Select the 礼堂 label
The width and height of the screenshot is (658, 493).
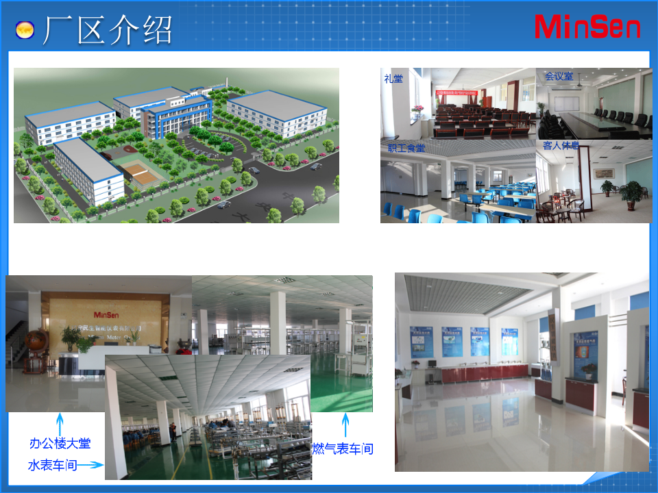pyautogui.click(x=393, y=79)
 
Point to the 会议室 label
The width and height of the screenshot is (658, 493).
pyautogui.click(x=559, y=77)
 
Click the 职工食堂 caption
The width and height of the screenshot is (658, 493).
pyautogui.click(x=406, y=147)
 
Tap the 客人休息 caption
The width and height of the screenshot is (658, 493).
pyautogui.click(x=561, y=146)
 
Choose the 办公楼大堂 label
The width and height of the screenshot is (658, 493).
pyautogui.click(x=60, y=444)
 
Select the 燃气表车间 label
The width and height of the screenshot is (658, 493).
pyautogui.click(x=343, y=449)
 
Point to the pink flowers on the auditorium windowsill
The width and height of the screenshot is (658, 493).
pyautogui.click(x=417, y=108)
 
